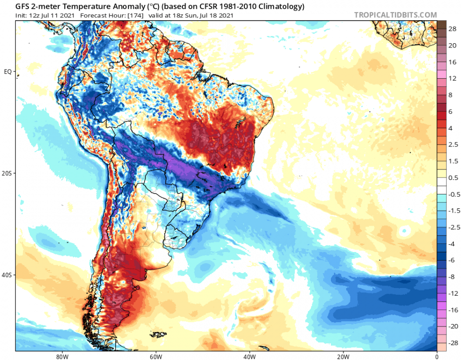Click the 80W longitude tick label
pyautogui.click(x=61, y=357)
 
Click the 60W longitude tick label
pyautogui.click(x=155, y=357)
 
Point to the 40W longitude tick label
pyautogui.click(x=249, y=357)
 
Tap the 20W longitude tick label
pyautogui.click(x=342, y=357)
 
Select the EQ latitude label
pyautogui.click(x=8, y=72)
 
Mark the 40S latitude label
pyautogui.click(x=7, y=276)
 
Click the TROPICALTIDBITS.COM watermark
pyautogui.click(x=395, y=15)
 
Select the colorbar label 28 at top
pyautogui.click(x=452, y=29)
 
